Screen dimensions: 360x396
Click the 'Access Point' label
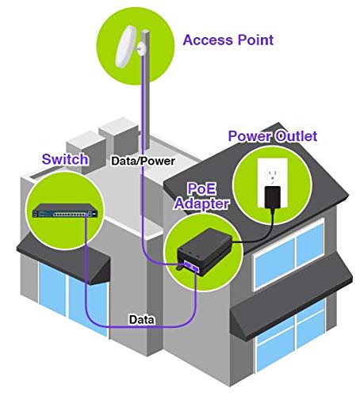[x=228, y=40]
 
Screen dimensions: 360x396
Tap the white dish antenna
[x=125, y=46]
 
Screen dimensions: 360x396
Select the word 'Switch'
[x=65, y=159]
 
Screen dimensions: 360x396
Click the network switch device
[x=65, y=211]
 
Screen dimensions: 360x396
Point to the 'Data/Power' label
[x=143, y=161]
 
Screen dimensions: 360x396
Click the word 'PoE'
[x=201, y=188]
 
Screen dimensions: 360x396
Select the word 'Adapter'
[x=201, y=204]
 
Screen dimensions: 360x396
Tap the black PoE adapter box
[x=205, y=251]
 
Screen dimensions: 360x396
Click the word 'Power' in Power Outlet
[x=250, y=136]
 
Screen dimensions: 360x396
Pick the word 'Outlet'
[x=296, y=136]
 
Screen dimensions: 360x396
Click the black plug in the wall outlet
[x=273, y=196]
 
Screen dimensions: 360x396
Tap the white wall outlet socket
[x=273, y=175]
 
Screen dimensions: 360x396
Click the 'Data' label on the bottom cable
[x=142, y=320]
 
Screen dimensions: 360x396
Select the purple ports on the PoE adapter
[x=192, y=267]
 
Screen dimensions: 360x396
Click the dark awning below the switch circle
[x=63, y=261]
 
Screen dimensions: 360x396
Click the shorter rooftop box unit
[x=85, y=152]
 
